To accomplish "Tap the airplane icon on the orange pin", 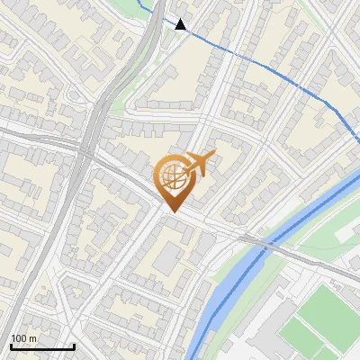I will pyautogui.click(x=199, y=162).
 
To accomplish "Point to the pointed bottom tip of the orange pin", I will pyautogui.click(x=173, y=211).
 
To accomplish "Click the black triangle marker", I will pyautogui.click(x=181, y=24).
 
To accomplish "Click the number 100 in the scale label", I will pyautogui.click(x=20, y=338).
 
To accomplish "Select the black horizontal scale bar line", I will pyautogui.click(x=42, y=346).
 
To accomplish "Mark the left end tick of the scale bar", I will pyautogui.click(x=11, y=345).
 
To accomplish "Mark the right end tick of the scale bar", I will pyautogui.click(x=74, y=345).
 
